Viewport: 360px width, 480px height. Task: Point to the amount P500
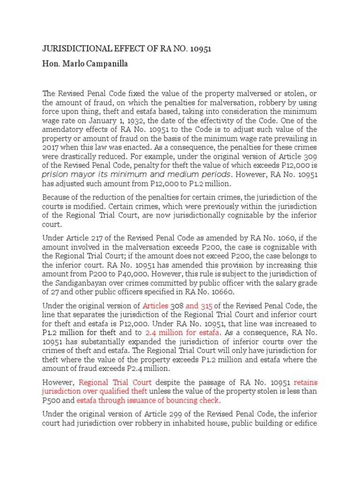click(x=51, y=401)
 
